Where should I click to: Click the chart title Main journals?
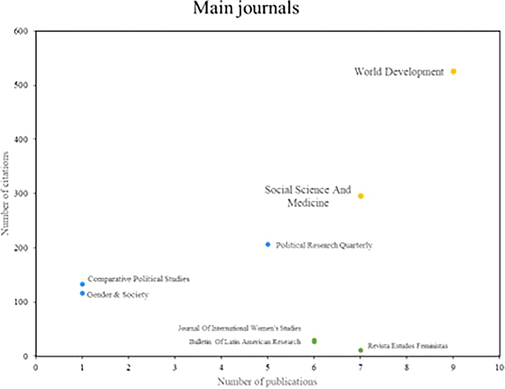[246, 8]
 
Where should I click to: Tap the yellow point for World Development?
[453, 72]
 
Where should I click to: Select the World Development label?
[399, 72]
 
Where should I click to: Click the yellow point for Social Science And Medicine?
[361, 196]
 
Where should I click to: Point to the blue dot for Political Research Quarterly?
[268, 245]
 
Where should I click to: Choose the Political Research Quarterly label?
[324, 245]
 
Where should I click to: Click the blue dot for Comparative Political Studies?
[82, 284]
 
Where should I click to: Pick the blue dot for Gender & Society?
[82, 294]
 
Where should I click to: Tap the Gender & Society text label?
[118, 295]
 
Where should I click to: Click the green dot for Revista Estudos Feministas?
[361, 351]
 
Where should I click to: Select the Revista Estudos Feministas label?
[408, 346]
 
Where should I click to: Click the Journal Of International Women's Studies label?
[239, 328]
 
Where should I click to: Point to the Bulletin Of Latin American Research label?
[245, 342]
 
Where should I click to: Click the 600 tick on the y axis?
[21, 31]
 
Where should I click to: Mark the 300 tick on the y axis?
[21, 194]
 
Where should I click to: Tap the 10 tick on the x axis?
[499, 367]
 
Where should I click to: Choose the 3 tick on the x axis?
[175, 367]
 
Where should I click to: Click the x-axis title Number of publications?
[267, 382]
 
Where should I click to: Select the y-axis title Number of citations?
[5, 193]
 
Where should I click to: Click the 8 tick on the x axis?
[407, 367]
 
